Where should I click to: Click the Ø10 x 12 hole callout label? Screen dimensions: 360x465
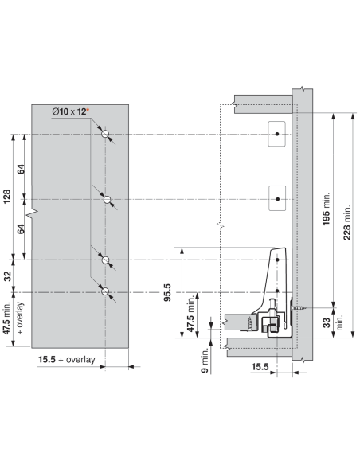[x=69, y=111]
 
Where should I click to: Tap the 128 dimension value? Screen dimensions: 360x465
[x=6, y=197]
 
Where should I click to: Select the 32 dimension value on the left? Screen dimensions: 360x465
[x=7, y=276]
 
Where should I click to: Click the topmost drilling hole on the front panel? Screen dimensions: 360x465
[x=105, y=134]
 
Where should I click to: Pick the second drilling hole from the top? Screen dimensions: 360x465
[x=108, y=199]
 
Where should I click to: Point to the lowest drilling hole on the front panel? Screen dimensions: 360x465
[x=105, y=291]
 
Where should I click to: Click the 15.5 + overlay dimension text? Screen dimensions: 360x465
[x=67, y=359]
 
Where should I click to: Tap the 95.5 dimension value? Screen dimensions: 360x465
[x=167, y=292]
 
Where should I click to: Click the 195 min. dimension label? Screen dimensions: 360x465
[x=326, y=209]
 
